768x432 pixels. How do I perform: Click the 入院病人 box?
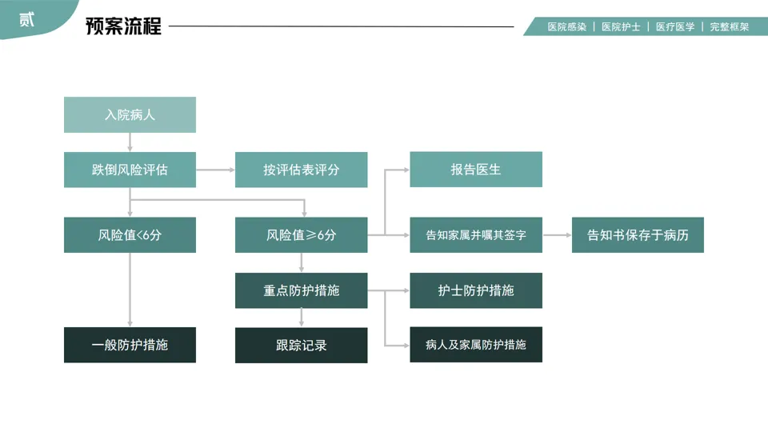pyautogui.click(x=130, y=114)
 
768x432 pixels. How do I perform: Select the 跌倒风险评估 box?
pyautogui.click(x=130, y=170)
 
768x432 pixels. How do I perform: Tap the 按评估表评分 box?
pyautogui.click(x=301, y=170)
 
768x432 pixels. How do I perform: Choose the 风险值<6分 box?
pyautogui.click(x=130, y=235)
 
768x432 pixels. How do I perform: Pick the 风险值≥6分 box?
pyautogui.click(x=301, y=235)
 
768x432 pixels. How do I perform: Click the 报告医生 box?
pyautogui.click(x=475, y=170)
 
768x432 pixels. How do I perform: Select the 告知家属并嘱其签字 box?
pyautogui.click(x=475, y=235)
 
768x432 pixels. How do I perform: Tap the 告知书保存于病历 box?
pyautogui.click(x=638, y=235)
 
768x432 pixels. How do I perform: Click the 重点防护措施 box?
pyautogui.click(x=301, y=290)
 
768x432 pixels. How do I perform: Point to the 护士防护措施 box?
pyautogui.click(x=475, y=290)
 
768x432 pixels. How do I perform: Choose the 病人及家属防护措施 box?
pyautogui.click(x=475, y=345)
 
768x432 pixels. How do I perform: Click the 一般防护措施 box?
pyautogui.click(x=130, y=345)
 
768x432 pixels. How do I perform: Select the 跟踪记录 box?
pyautogui.click(x=301, y=345)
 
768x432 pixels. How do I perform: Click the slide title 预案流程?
pyautogui.click(x=123, y=26)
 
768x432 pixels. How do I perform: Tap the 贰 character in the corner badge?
pyautogui.click(x=27, y=19)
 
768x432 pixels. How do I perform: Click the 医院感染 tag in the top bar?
pyautogui.click(x=566, y=26)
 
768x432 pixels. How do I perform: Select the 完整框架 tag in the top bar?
pyautogui.click(x=729, y=26)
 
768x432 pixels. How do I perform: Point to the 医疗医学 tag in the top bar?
pyautogui.click(x=675, y=26)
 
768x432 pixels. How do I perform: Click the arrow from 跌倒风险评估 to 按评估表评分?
pyautogui.click(x=215, y=170)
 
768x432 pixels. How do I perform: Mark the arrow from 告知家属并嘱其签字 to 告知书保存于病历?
pyautogui.click(x=557, y=235)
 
